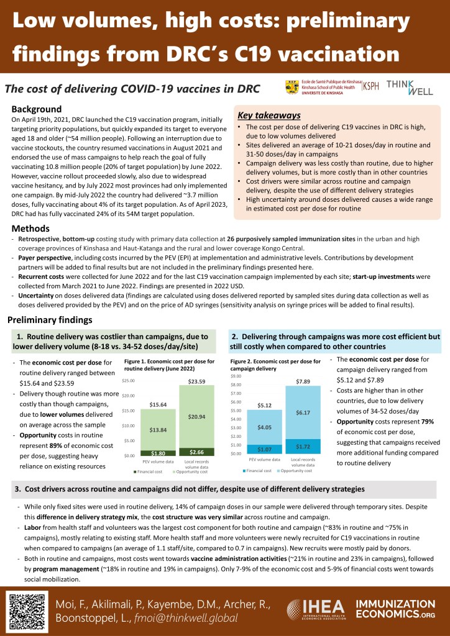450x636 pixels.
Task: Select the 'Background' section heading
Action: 37,109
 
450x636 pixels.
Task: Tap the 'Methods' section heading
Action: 30,229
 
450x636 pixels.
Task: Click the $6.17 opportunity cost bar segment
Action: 303,412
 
